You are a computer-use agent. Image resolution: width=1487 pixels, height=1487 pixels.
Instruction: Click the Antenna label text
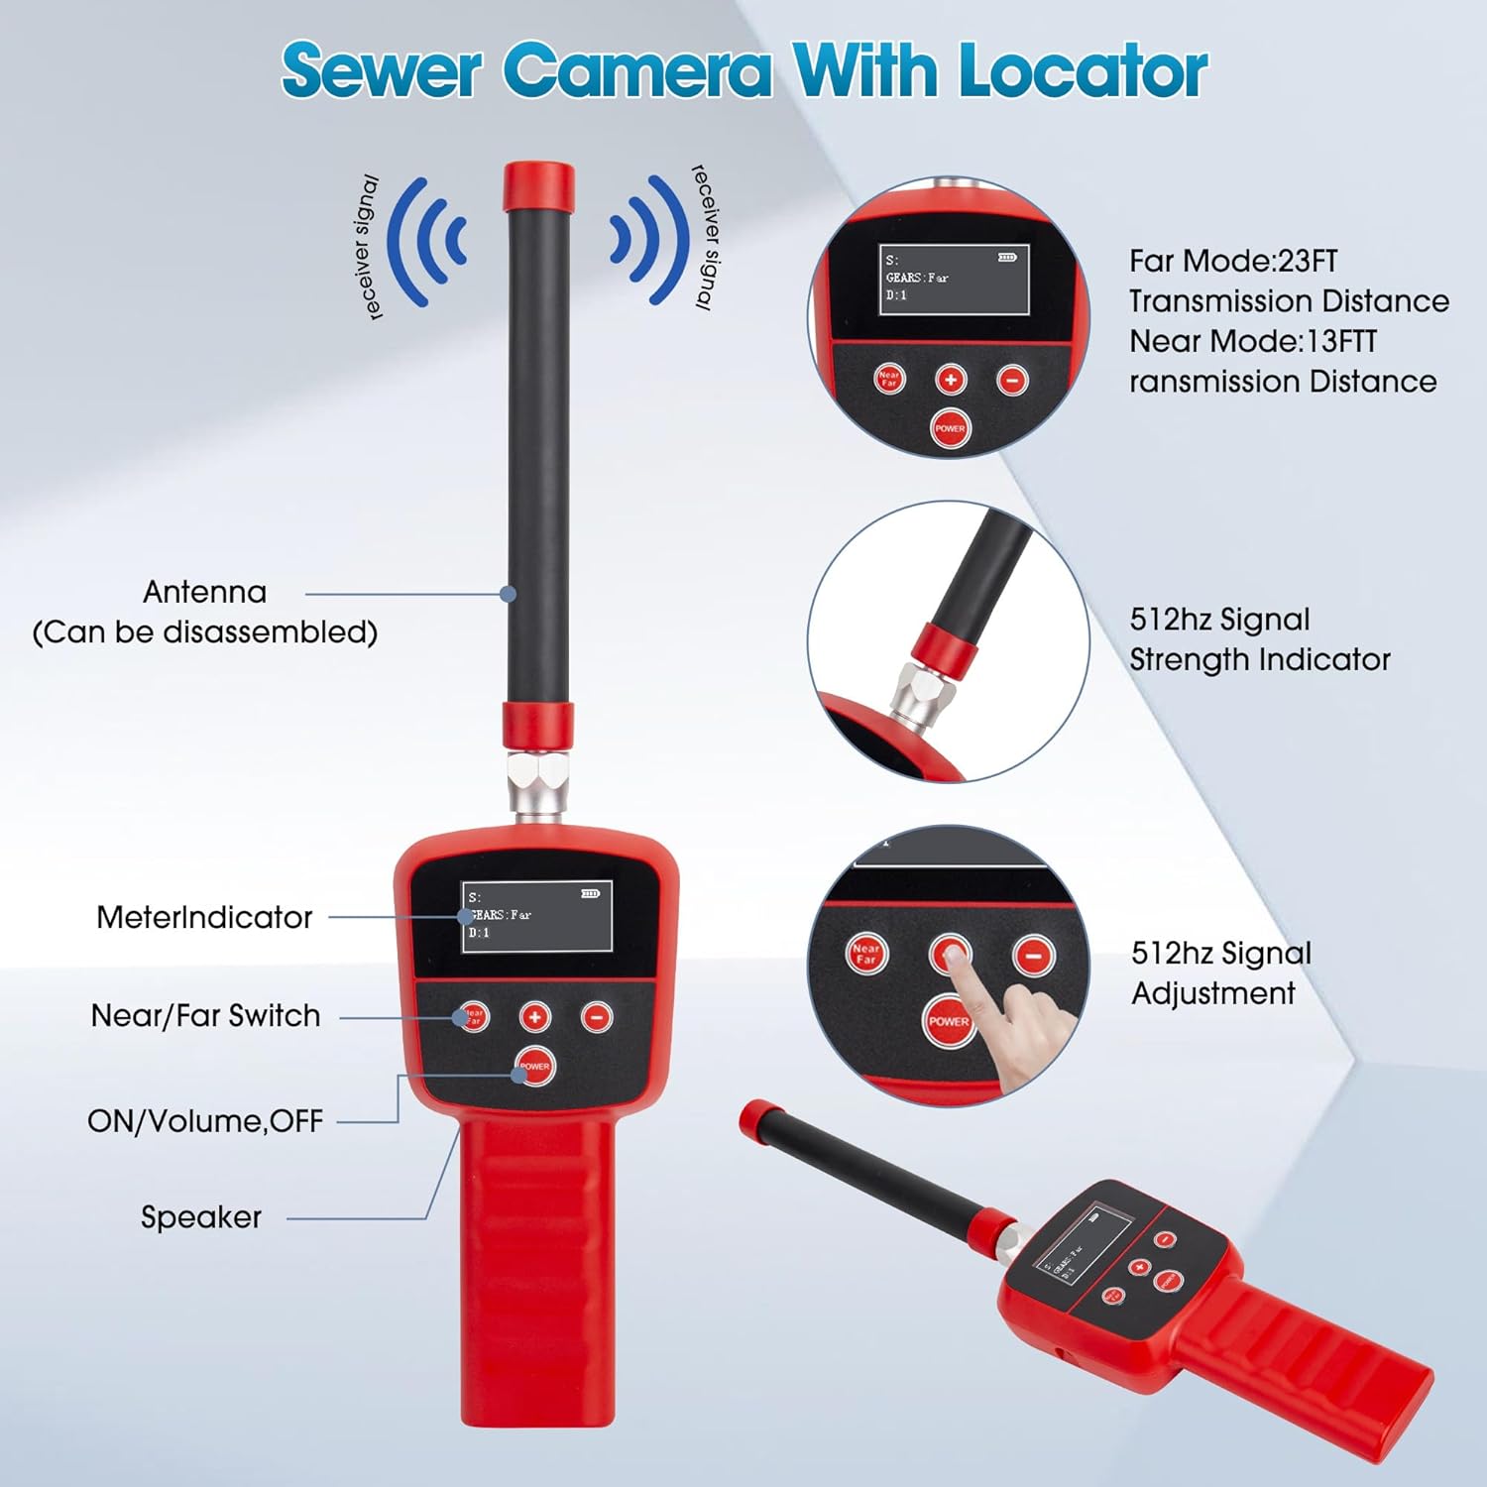[x=205, y=592]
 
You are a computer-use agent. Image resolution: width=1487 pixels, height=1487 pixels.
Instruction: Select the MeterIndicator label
[x=204, y=917]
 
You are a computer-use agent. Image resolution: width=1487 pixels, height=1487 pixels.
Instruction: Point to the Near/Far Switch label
[x=205, y=1015]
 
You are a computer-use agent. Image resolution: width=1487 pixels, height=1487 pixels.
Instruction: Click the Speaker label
[x=201, y=1216]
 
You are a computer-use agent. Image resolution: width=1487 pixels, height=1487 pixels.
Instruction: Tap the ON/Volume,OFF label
[x=205, y=1120]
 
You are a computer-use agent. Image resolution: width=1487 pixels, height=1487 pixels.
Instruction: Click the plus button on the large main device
[x=535, y=1016]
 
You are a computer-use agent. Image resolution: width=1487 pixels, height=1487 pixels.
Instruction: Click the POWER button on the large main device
[x=534, y=1066]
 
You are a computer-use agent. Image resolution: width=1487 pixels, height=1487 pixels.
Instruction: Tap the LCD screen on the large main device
[x=536, y=916]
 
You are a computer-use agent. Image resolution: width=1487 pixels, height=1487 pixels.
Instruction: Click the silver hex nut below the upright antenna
[x=538, y=783]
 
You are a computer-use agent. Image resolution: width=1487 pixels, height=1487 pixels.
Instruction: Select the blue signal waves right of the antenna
[x=649, y=241]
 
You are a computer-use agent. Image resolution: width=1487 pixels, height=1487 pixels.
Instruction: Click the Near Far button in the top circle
[x=889, y=378]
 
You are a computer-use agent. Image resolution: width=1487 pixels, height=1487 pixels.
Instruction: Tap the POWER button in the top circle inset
[x=950, y=428]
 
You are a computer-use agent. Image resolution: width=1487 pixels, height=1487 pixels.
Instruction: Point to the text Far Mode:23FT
[x=1233, y=261]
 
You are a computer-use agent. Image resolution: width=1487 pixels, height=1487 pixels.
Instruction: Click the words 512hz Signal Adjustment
[x=1220, y=972]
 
